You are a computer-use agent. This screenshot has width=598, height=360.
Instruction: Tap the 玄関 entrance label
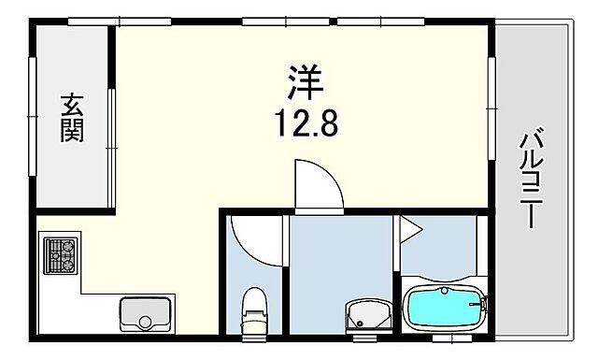(72, 118)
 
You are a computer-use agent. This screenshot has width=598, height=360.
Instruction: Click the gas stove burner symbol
(61, 253)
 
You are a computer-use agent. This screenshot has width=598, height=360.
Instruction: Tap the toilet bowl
(253, 314)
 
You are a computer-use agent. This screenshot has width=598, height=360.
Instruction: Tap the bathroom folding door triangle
(409, 227)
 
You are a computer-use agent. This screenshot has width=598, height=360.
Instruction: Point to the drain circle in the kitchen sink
(145, 323)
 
